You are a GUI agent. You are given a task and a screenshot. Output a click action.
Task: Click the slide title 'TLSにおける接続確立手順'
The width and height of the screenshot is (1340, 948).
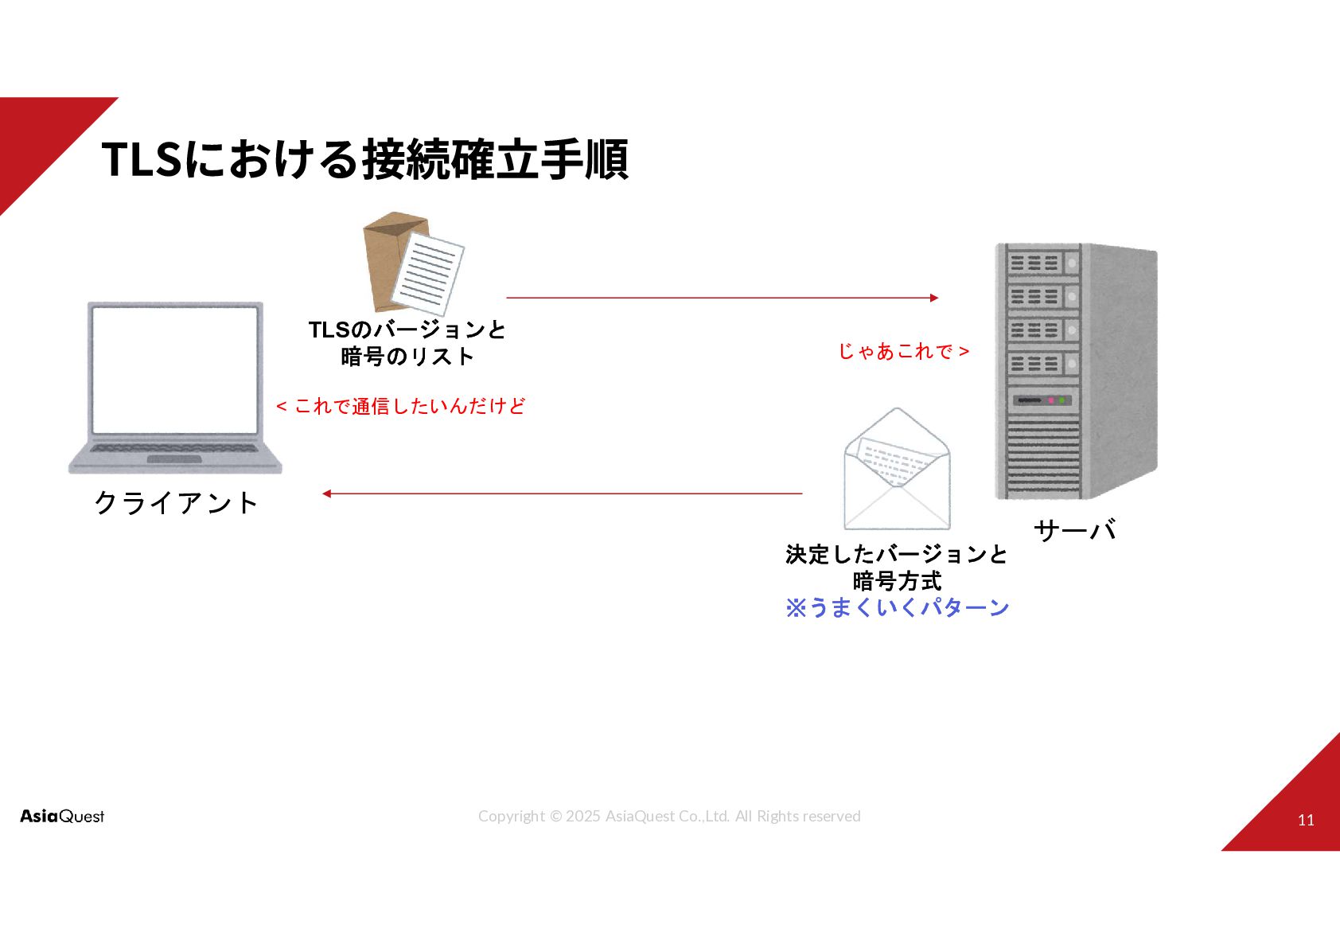364,158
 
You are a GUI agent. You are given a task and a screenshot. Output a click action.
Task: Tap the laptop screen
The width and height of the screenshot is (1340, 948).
175,369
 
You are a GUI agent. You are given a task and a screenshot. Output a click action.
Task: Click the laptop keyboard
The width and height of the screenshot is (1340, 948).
175,449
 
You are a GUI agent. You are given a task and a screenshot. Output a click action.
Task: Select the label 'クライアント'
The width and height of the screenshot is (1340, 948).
176,503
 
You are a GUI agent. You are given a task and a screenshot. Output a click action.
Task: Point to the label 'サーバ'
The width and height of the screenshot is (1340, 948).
1074,530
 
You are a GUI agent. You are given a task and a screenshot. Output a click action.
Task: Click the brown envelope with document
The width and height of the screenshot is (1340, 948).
412,263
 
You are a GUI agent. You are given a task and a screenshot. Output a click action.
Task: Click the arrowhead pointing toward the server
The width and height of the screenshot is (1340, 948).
934,298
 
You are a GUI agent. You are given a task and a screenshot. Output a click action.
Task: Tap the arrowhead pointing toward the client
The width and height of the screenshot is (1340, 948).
326,494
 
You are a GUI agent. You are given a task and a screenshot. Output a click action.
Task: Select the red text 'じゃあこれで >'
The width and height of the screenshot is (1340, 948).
903,351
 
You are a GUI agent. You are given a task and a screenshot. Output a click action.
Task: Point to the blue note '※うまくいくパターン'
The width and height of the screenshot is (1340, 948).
897,608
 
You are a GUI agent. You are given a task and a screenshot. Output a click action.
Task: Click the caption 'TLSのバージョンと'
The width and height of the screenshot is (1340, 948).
407,330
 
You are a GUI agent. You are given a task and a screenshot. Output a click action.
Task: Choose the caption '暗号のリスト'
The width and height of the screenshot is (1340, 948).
407,357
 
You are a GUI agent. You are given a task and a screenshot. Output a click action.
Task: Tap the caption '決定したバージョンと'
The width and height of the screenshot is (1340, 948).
897,554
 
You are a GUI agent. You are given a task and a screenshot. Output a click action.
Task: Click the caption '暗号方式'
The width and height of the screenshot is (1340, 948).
897,581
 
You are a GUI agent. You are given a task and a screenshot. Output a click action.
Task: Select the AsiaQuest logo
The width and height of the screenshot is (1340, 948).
62,816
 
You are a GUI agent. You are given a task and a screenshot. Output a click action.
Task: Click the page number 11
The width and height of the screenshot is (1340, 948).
1306,820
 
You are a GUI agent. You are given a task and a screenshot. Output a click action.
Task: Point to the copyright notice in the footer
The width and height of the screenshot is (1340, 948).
669,816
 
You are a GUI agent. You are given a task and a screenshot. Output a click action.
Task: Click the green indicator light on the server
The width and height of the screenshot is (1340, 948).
1061,400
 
